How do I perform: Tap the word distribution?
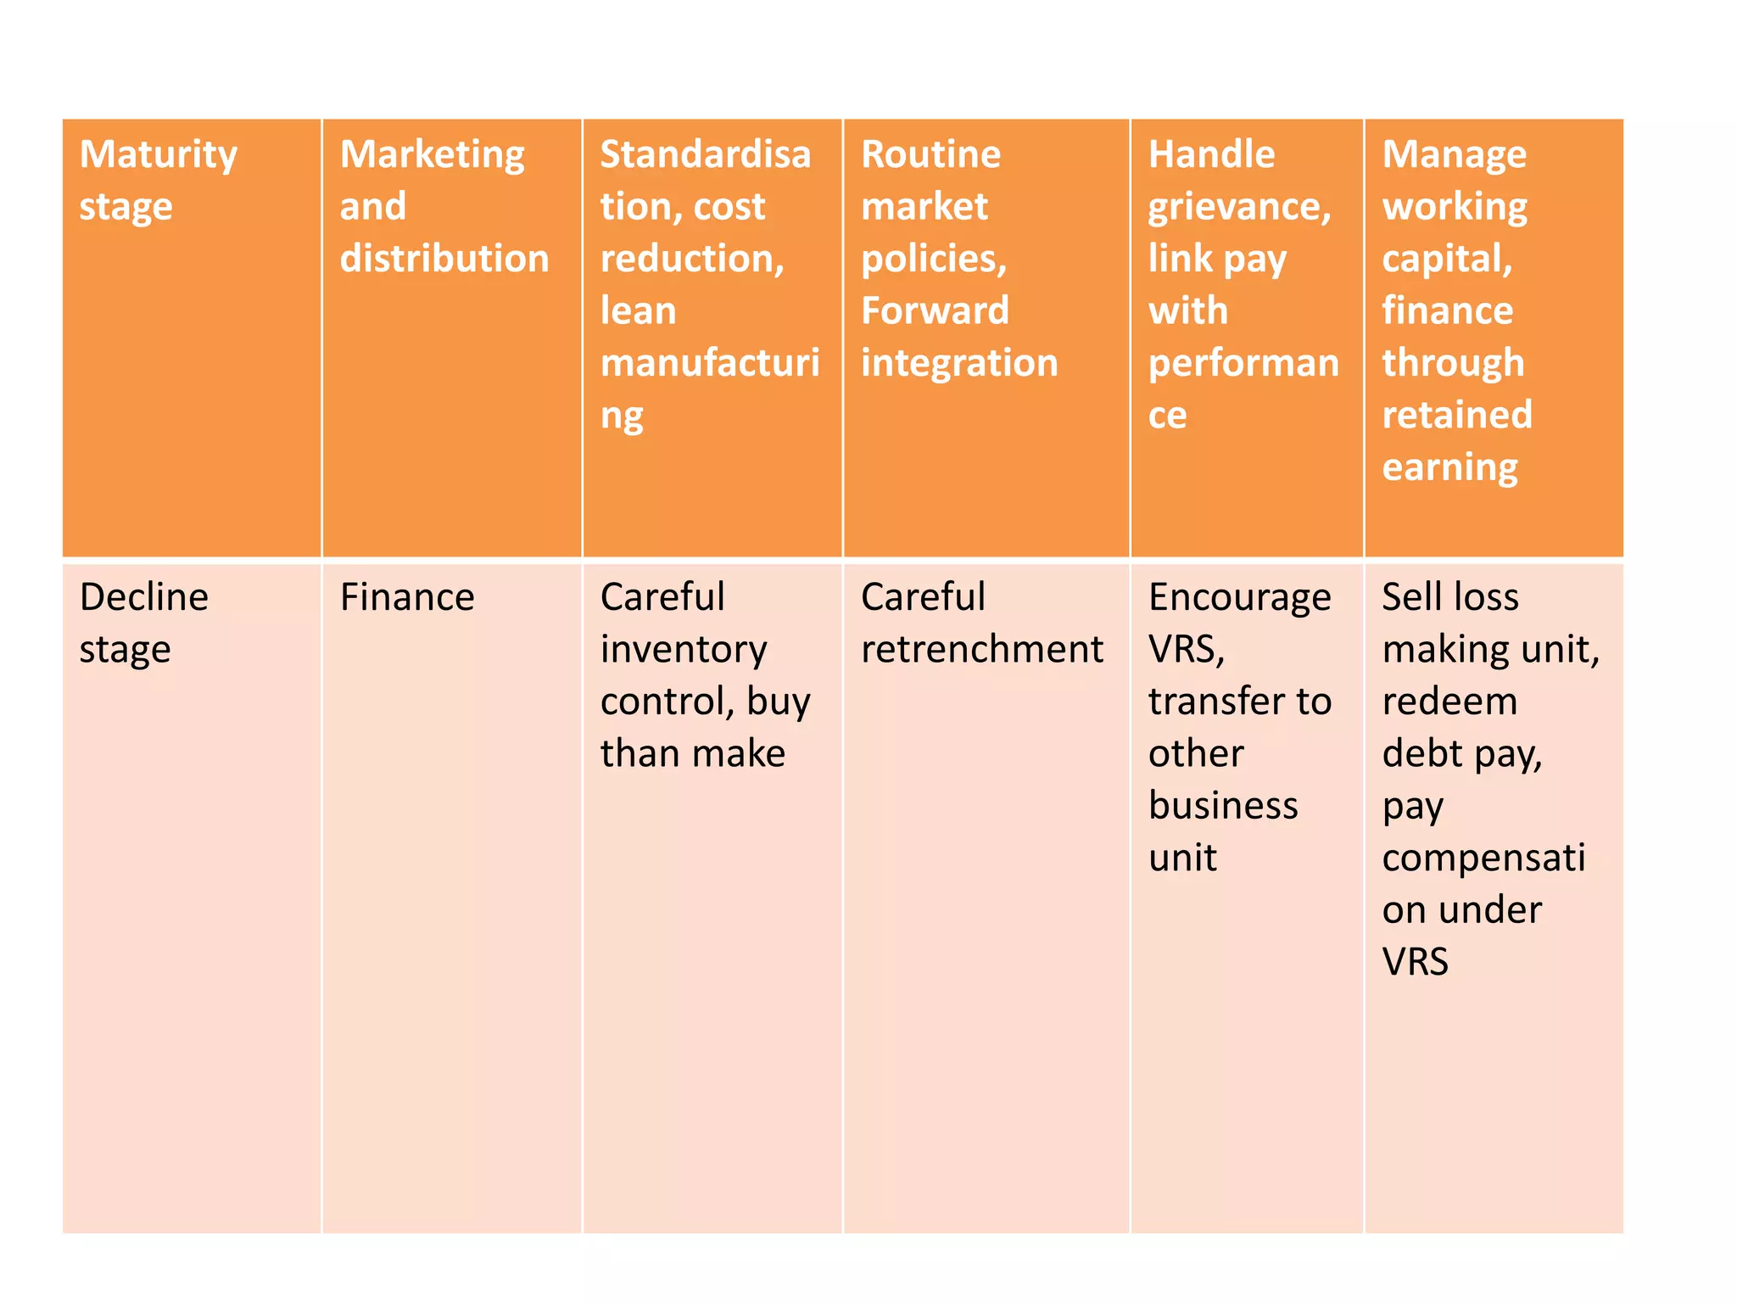pyautogui.click(x=444, y=259)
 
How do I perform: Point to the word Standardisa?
pyautogui.click(x=706, y=154)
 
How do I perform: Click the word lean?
pyautogui.click(x=638, y=310)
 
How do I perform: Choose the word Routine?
pyautogui.click(x=930, y=154)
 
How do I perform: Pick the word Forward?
pyautogui.click(x=935, y=310)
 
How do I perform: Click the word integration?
pyautogui.click(x=959, y=363)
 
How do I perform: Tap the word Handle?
pyautogui.click(x=1211, y=154)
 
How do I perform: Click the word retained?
pyautogui.click(x=1457, y=415)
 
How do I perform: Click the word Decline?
pyautogui.click(x=144, y=597)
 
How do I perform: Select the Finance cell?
pyautogui.click(x=407, y=597)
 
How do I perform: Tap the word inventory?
pyautogui.click(x=684, y=651)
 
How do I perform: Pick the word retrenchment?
pyautogui.click(x=982, y=650)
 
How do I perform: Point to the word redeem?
pyautogui.click(x=1449, y=702)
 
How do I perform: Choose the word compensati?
pyautogui.click(x=1483, y=859)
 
